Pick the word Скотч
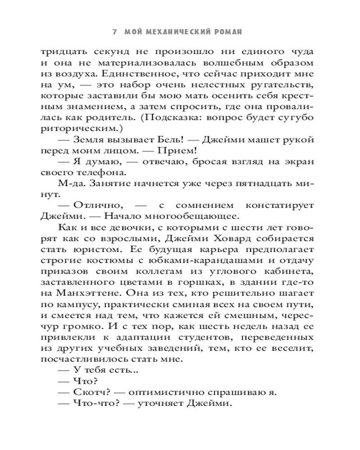[x=90, y=391]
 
